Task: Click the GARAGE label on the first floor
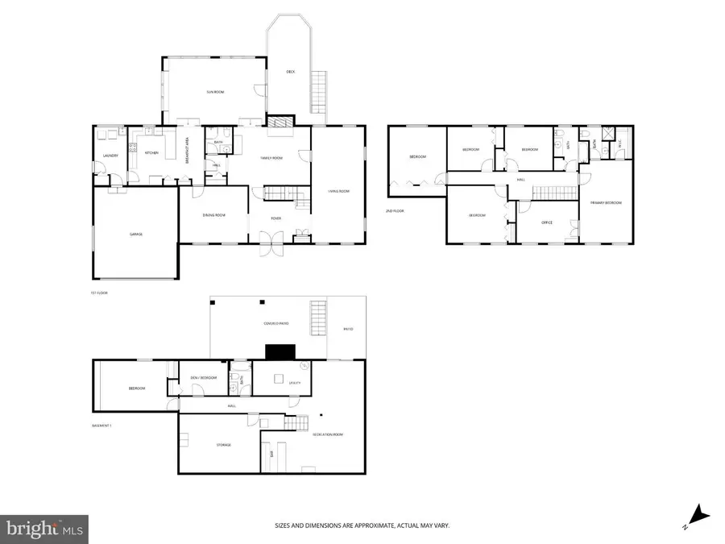136,235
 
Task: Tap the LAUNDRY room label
110,156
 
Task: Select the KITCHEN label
151,153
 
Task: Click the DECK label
291,72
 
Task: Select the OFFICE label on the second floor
547,222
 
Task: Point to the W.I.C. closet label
619,144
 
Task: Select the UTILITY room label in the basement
294,383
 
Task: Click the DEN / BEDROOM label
202,378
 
